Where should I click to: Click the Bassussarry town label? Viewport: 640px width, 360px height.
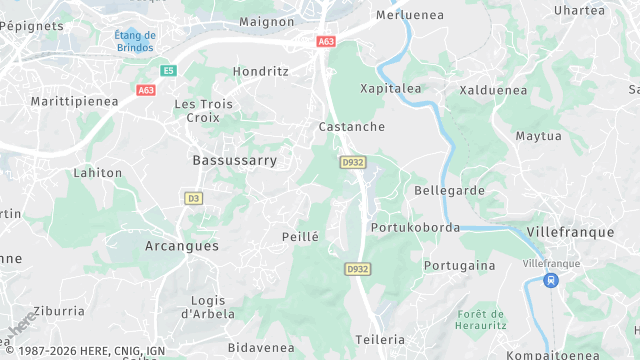coord(234,160)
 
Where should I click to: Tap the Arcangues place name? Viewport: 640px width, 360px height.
coord(181,245)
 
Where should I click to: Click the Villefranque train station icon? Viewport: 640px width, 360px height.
coord(549,281)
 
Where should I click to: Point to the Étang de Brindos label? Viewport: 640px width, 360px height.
coord(135,41)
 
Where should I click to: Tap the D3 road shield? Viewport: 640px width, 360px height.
coord(193,199)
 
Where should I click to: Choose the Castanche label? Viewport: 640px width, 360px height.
coord(351,127)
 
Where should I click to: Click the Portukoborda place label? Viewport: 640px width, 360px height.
coord(415,227)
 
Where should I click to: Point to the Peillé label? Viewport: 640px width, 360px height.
coord(300,237)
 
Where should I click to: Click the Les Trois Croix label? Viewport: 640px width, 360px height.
coord(203,110)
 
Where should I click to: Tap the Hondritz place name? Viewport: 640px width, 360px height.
coord(260,72)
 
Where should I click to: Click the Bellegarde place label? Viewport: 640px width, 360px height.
coord(449,190)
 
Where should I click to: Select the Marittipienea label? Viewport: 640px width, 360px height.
coord(75,102)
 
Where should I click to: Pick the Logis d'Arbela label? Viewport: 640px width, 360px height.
coord(208,307)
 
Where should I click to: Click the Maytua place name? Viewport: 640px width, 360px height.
coord(538,136)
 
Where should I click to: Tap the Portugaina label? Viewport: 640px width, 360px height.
coord(459,265)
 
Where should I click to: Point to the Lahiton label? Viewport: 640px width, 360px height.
coord(98,172)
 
